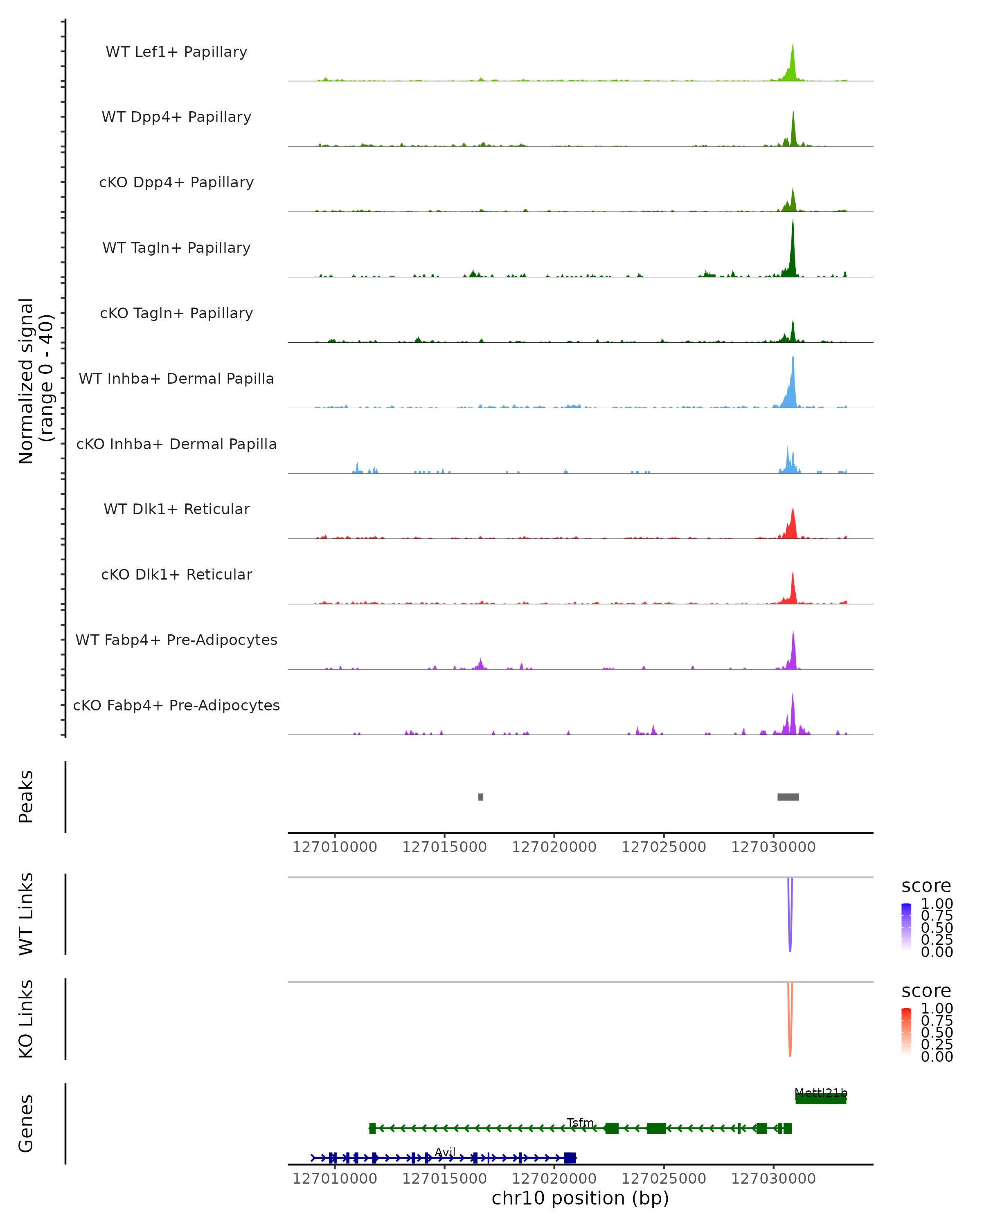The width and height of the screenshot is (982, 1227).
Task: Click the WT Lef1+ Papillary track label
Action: coord(176,52)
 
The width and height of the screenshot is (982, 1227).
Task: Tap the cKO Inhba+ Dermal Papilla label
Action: coord(176,444)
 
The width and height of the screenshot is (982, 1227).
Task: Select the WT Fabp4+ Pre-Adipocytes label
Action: coord(176,640)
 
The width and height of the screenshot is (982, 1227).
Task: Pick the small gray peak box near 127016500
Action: coord(480,797)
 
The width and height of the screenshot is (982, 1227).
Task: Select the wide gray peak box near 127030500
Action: coord(788,797)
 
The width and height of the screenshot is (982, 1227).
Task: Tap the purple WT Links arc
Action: coord(790,933)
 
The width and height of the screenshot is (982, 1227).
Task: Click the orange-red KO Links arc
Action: coord(790,1038)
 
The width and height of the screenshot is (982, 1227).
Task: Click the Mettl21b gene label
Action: coord(820,1093)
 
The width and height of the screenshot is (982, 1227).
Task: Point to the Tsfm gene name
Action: coord(579,1122)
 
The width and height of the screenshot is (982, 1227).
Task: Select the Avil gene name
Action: coord(445,1152)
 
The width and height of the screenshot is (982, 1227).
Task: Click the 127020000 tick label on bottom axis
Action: coord(554,1179)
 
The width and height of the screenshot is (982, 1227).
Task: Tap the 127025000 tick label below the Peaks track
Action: coord(663,847)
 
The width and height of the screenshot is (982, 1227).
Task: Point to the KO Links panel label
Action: coord(26,1019)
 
